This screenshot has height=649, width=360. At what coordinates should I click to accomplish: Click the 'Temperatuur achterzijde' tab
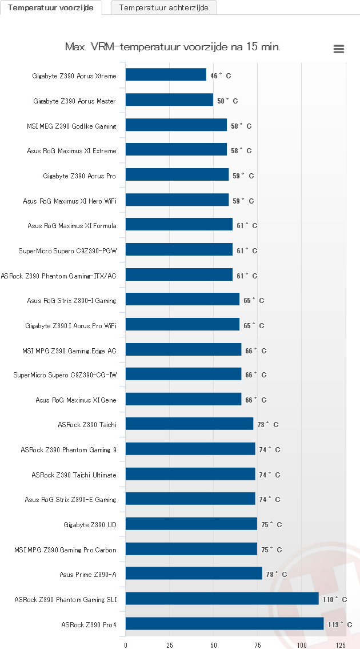pyautogui.click(x=163, y=7)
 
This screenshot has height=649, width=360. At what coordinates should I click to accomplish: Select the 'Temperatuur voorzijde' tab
pyautogui.click(x=51, y=7)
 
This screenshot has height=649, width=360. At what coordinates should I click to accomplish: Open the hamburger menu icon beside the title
pyautogui.click(x=339, y=49)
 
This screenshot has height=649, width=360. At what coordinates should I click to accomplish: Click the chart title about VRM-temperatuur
pyautogui.click(x=173, y=47)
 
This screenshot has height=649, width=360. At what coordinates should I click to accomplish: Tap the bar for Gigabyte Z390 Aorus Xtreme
pyautogui.click(x=166, y=75)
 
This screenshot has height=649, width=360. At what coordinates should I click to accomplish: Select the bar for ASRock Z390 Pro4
pyautogui.click(x=225, y=624)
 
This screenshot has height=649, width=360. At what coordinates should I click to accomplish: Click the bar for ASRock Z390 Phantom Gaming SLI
pyautogui.click(x=222, y=599)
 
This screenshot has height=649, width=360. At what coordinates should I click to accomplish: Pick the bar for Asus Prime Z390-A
pyautogui.click(x=194, y=574)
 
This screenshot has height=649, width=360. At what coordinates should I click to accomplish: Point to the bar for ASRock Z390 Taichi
pyautogui.click(x=189, y=424)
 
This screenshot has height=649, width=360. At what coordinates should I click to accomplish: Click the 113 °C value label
pyautogui.click(x=340, y=624)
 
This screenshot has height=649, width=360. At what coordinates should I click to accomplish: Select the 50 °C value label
pyautogui.click(x=227, y=101)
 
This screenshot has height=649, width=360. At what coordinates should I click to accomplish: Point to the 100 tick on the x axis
pyautogui.click(x=302, y=644)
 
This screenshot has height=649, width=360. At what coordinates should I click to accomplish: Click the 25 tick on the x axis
pyautogui.click(x=170, y=644)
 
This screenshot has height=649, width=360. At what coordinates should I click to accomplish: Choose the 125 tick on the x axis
pyautogui.click(x=340, y=644)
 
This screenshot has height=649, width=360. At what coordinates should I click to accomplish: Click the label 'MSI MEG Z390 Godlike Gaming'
pyautogui.click(x=71, y=126)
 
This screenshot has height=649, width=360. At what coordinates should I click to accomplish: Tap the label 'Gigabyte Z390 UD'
pyautogui.click(x=90, y=524)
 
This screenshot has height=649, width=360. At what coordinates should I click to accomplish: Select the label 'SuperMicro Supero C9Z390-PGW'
pyautogui.click(x=67, y=250)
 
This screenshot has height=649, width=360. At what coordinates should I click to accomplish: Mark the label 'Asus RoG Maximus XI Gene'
pyautogui.click(x=75, y=400)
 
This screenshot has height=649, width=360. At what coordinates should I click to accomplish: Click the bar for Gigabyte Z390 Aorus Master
pyautogui.click(x=169, y=100)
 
